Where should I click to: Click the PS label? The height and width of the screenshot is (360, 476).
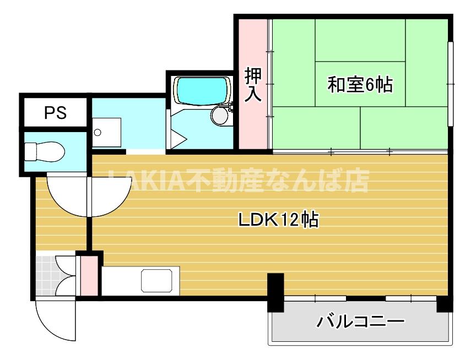55,113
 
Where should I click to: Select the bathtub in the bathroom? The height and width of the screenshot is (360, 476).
202,90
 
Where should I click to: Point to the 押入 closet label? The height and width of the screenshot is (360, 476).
252,84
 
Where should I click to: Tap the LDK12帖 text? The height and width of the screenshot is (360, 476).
278,220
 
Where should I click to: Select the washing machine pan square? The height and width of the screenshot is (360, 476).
106,132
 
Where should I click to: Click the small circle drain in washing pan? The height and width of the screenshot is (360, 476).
98,132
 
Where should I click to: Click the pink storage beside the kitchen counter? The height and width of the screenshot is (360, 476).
88,275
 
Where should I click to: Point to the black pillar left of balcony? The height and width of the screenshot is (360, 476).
275,292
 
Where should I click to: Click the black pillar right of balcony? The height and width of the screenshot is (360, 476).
444,303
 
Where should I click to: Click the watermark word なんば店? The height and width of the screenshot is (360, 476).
325,180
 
